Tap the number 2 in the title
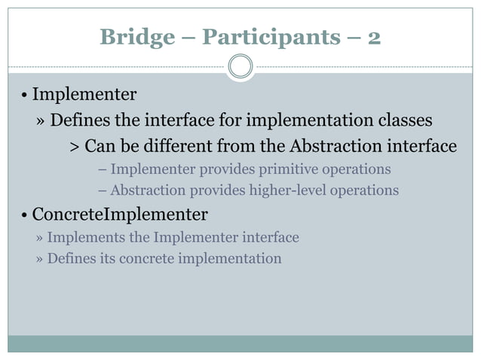[x=373, y=37]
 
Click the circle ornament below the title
[x=240, y=67]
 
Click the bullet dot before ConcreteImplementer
[x=24, y=216]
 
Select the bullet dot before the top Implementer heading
[x=24, y=96]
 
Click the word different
[x=181, y=145]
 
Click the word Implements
[x=79, y=238]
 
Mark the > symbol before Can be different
[x=74, y=146]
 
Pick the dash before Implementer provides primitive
[x=103, y=169]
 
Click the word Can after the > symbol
[x=98, y=145]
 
